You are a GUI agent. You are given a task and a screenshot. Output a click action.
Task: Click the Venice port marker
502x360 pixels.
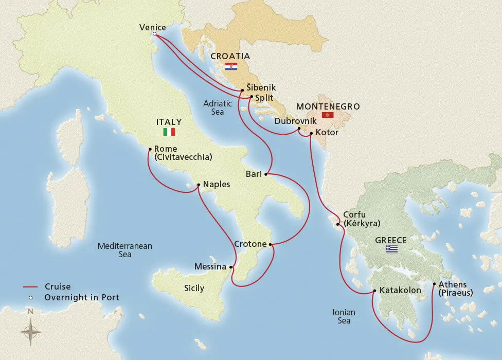tap(155, 34)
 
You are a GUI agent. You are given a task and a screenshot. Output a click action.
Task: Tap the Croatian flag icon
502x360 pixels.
tap(231, 67)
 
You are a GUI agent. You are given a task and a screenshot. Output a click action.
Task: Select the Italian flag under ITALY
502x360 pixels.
tap(169, 132)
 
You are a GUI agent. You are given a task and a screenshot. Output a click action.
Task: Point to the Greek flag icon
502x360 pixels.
tap(392, 249)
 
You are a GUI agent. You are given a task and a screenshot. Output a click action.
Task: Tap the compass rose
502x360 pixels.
tap(31, 330)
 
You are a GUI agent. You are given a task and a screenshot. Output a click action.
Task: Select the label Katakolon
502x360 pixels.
tap(400, 291)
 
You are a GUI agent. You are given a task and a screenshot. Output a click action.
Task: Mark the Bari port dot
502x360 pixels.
tap(265, 175)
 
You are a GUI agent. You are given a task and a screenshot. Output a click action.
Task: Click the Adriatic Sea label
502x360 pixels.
tap(218, 107)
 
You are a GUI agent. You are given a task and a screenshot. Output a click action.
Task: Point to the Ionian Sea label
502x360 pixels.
tap(341, 316)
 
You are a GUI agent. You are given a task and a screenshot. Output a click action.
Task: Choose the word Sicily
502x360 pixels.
tap(194, 288)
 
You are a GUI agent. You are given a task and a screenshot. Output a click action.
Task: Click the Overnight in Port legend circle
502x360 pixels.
tap(30, 297)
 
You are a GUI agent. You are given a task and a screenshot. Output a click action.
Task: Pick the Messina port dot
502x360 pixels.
tap(231, 267)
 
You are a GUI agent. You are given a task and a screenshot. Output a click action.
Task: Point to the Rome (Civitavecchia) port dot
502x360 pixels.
tap(149, 150)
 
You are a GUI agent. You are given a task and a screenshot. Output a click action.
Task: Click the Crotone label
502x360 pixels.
tap(250, 244)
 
